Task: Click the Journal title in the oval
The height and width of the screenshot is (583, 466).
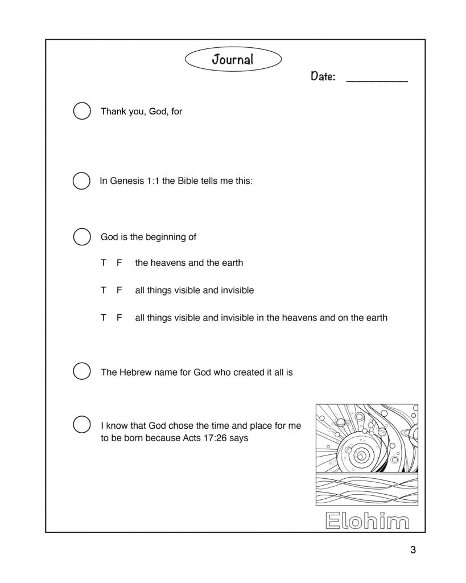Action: (233, 59)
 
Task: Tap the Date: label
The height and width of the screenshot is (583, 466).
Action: (323, 76)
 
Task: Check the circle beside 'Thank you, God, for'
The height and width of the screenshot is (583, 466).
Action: (82, 111)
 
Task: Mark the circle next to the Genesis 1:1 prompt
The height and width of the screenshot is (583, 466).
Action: (82, 181)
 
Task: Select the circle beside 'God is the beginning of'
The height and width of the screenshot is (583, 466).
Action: (82, 237)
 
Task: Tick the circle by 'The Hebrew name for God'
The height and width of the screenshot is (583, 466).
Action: (82, 371)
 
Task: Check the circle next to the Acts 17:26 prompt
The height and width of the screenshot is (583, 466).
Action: (82, 425)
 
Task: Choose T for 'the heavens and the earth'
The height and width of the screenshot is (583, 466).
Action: (104, 263)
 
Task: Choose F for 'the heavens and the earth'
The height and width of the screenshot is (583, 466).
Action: (119, 263)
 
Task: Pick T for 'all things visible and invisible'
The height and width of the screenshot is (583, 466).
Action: (104, 290)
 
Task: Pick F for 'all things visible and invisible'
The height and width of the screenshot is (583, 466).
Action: (119, 290)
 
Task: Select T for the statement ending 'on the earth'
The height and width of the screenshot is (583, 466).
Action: (104, 318)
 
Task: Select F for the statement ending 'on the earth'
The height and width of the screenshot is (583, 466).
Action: (119, 318)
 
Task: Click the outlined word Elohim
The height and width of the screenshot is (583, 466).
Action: (367, 520)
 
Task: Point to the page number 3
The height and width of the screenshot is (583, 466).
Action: (413, 550)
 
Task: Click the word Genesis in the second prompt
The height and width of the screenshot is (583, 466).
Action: (127, 181)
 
